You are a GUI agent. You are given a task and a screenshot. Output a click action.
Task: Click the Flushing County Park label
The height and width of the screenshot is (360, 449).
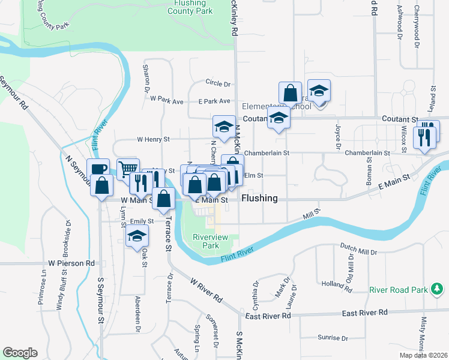click(x=190, y=7)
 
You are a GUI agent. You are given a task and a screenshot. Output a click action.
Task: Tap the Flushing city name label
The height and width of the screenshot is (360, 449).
click(x=259, y=198)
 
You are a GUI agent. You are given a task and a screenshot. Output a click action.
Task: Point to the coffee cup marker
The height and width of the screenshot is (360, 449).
click(x=98, y=170)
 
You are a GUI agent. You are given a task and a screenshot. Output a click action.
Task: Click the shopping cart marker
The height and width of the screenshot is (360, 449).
click(x=128, y=170)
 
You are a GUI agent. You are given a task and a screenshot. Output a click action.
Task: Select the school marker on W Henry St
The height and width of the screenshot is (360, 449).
click(x=224, y=127)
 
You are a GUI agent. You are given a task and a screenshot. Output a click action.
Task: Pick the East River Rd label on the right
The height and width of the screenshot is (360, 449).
click(x=365, y=313)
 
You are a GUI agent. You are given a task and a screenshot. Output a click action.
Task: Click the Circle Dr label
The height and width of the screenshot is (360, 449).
click(x=218, y=83)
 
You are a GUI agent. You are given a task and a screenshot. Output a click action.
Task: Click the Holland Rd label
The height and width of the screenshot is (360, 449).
click(x=336, y=283)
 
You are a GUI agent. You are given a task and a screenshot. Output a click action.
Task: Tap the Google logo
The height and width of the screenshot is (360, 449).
click(x=20, y=353)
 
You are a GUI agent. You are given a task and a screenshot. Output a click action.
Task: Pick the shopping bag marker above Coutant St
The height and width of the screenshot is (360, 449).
click(x=290, y=94)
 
